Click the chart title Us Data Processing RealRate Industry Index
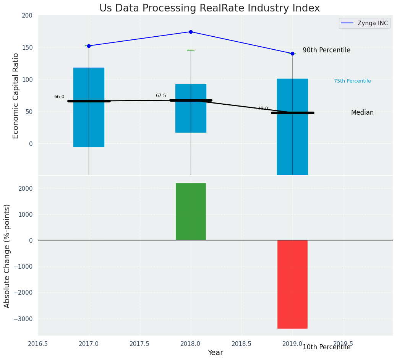(x=209, y=8)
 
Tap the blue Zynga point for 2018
(x=191, y=32)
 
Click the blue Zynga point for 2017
(x=89, y=46)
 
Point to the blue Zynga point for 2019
(x=292, y=54)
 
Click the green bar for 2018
(x=191, y=212)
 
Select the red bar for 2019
(x=292, y=284)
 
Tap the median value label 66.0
(x=59, y=97)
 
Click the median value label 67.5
(x=161, y=96)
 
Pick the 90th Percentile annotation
(x=326, y=50)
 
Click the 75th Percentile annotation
(x=352, y=81)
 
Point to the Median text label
(x=362, y=113)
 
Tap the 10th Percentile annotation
(x=326, y=347)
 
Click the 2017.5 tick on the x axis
(x=140, y=344)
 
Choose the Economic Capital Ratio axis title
(x=16, y=96)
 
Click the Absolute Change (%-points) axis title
(x=7, y=256)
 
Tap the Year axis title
(x=216, y=353)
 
